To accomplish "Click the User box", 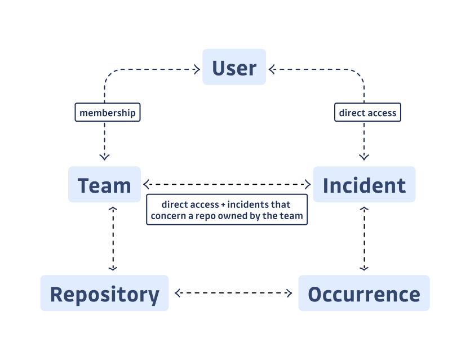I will tap(234, 68).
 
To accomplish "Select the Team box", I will tap(104, 185).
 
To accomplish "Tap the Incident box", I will tap(364, 185).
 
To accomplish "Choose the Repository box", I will tap(104, 294).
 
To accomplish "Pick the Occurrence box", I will tap(363, 294).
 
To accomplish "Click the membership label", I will tap(107, 113).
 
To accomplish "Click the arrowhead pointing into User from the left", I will tap(197, 70).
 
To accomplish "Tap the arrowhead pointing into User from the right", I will tap(272, 70).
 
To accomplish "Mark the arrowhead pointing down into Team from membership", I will tap(104, 156).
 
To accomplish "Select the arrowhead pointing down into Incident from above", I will tap(364, 156).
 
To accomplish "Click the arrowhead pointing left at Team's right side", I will tap(147, 184).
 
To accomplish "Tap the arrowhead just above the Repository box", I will tap(113, 267).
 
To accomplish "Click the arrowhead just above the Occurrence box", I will tap(364, 267).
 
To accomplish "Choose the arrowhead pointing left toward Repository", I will tap(179, 293).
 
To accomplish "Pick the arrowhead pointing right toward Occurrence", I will tap(289, 293).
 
